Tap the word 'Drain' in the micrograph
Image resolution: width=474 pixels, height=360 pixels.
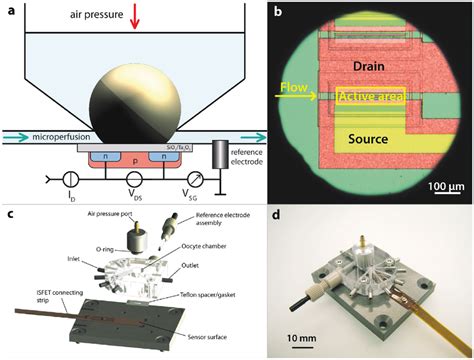point(360,66)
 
